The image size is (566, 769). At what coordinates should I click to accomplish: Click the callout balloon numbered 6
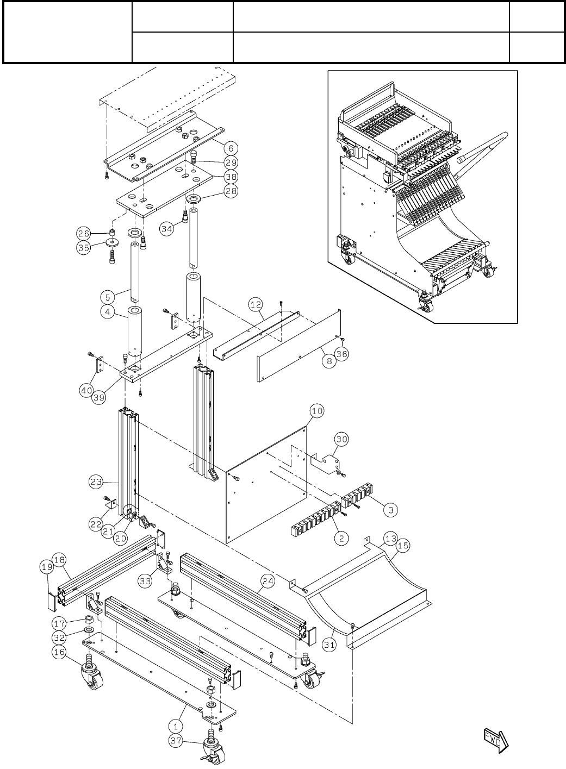(x=231, y=147)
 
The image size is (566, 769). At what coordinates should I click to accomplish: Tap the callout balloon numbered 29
(x=231, y=162)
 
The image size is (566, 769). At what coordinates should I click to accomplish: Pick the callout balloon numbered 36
(x=341, y=354)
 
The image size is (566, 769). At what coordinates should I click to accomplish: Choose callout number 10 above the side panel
(x=316, y=411)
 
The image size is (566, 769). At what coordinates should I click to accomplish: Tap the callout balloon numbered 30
(x=341, y=439)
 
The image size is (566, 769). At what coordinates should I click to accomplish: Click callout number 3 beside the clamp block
(x=390, y=510)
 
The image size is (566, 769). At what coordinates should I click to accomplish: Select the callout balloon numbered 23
(x=96, y=481)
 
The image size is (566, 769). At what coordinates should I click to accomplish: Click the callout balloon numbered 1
(x=175, y=725)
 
